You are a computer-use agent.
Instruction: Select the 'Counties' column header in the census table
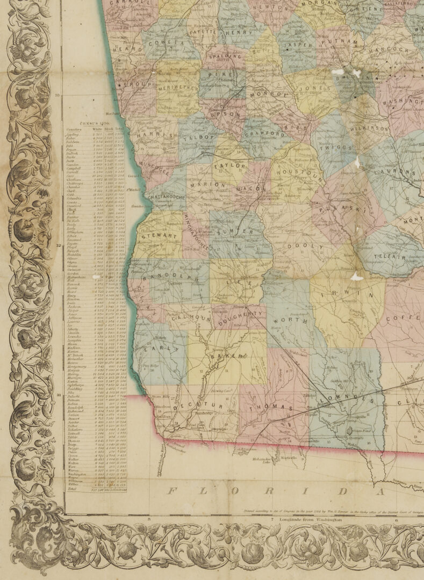(74, 129)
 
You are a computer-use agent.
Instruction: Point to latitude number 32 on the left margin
(58, 245)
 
